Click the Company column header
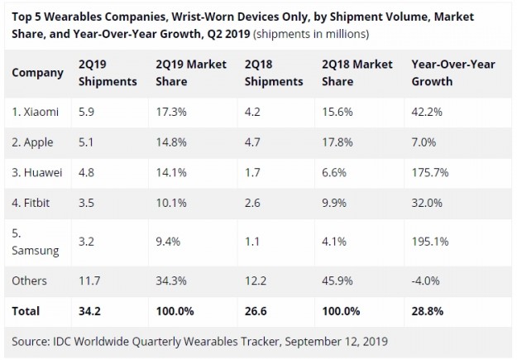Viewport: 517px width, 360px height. (37, 73)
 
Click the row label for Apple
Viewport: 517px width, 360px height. (33, 142)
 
